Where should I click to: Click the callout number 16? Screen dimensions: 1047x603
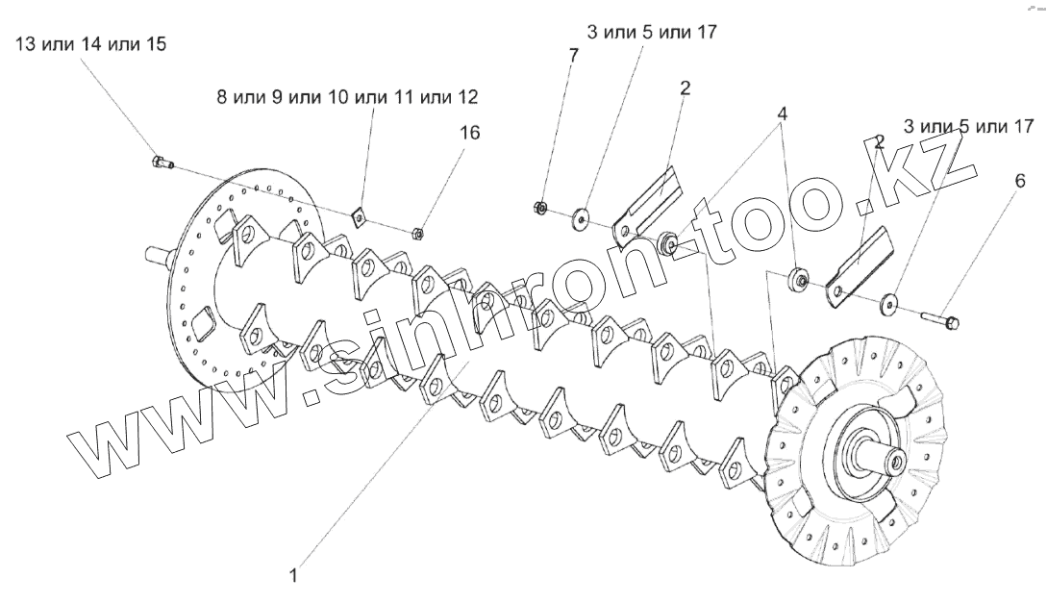pos(468,133)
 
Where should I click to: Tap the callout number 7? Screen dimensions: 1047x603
pos(574,56)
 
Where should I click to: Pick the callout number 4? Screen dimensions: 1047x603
pos(784,113)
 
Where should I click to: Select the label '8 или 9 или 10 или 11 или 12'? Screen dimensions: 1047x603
pos(347,98)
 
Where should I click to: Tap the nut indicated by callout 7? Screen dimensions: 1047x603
pos(541,206)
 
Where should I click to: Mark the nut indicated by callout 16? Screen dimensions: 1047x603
pos(417,232)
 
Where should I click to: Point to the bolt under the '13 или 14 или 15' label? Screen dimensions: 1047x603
pos(160,163)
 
